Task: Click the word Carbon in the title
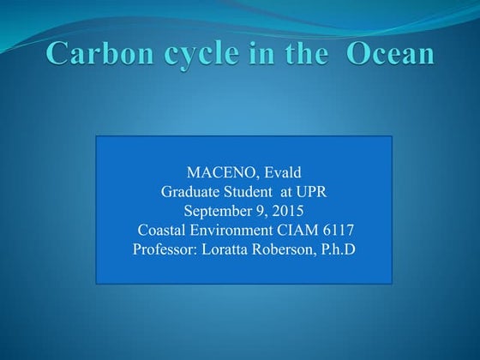point(91,53)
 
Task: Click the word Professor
point(163,249)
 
